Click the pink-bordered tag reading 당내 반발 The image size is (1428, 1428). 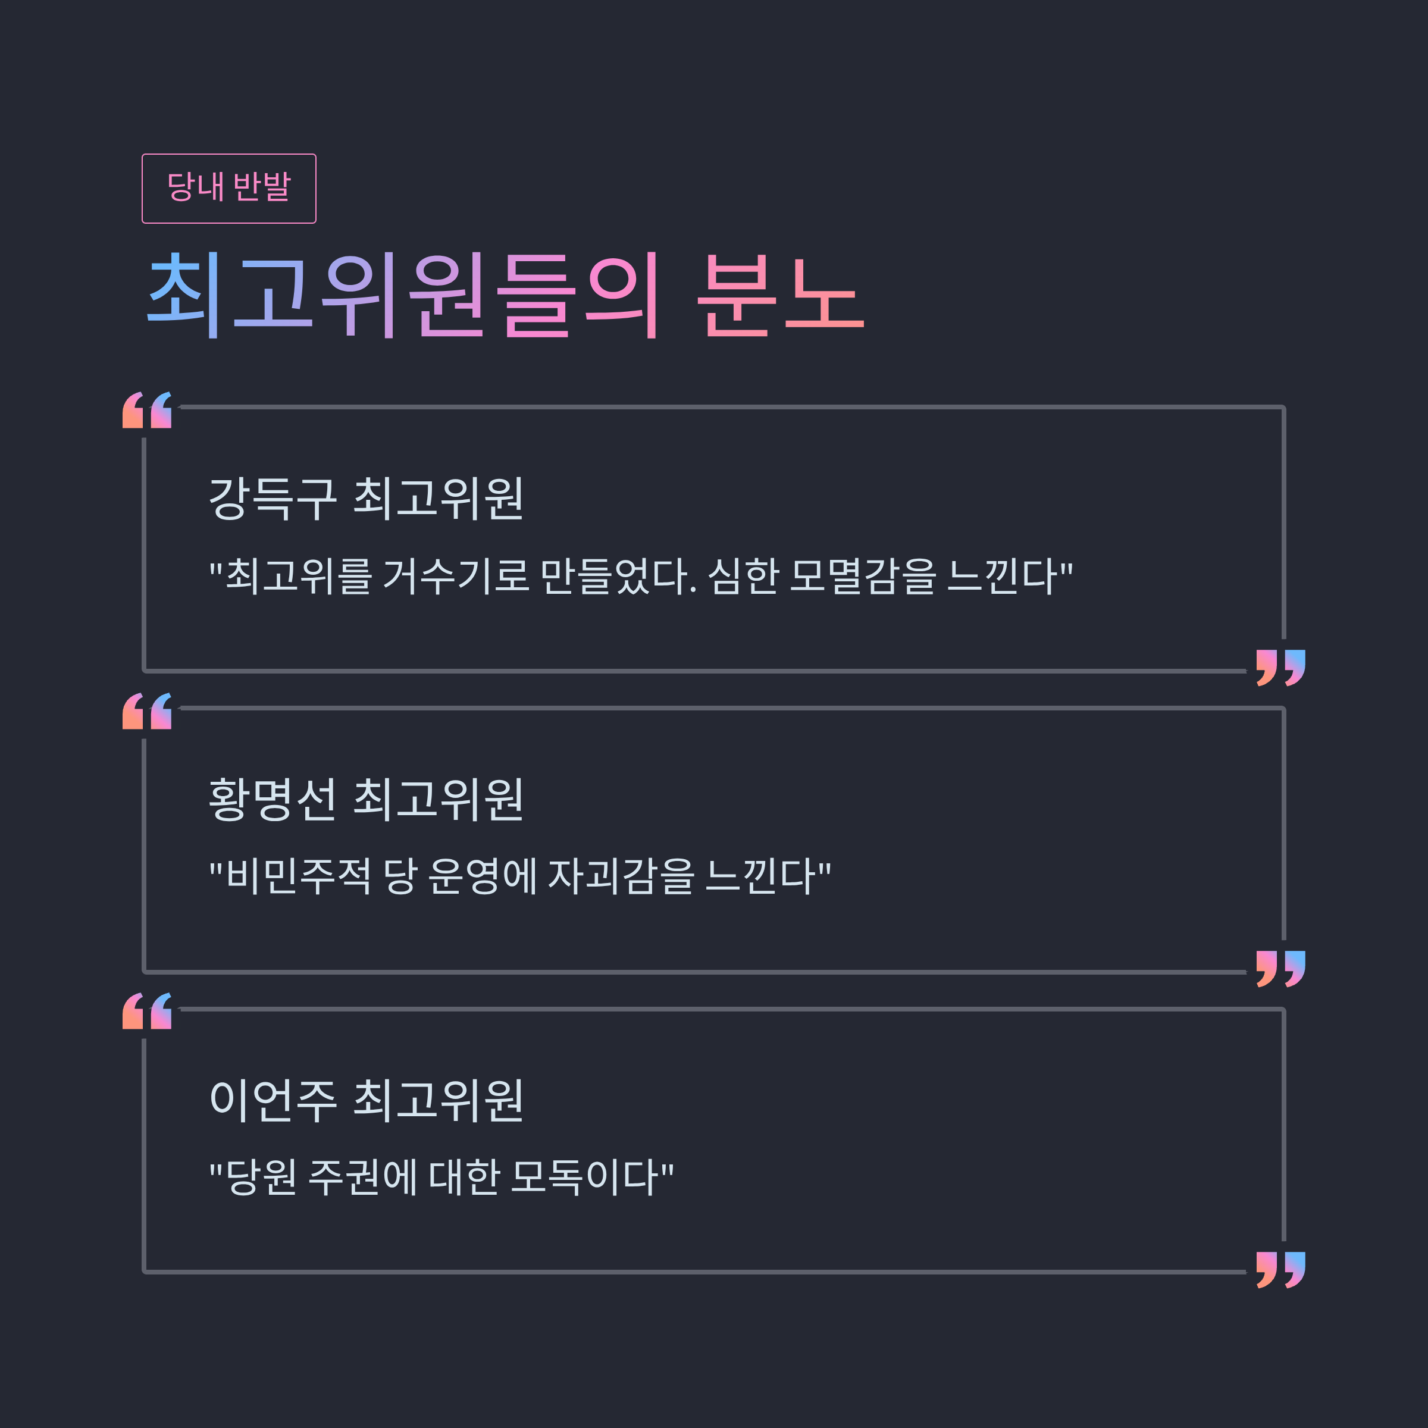[x=228, y=188]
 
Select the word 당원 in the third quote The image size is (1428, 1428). [x=262, y=1176]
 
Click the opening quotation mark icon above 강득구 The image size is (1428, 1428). [x=147, y=410]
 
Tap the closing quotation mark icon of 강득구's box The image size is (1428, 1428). [x=1281, y=668]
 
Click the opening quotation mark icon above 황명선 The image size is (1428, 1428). [x=147, y=711]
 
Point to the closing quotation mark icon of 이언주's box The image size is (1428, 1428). [x=1281, y=1270]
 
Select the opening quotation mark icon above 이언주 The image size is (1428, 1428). [x=147, y=1011]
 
